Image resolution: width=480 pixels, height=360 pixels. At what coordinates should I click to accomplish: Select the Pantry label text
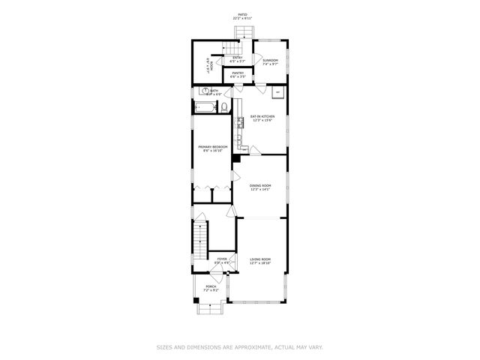point(238,75)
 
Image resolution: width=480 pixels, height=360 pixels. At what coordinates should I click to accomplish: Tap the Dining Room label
point(260,187)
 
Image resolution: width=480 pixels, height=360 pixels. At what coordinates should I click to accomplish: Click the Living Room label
point(260,261)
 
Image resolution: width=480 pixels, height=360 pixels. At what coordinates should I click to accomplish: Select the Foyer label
point(222,260)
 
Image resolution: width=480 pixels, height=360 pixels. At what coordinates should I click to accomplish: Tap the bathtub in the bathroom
point(205,109)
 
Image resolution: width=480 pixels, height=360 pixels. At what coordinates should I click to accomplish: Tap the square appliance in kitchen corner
point(278,92)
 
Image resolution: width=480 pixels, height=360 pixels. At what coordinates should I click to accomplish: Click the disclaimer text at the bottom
point(239,347)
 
